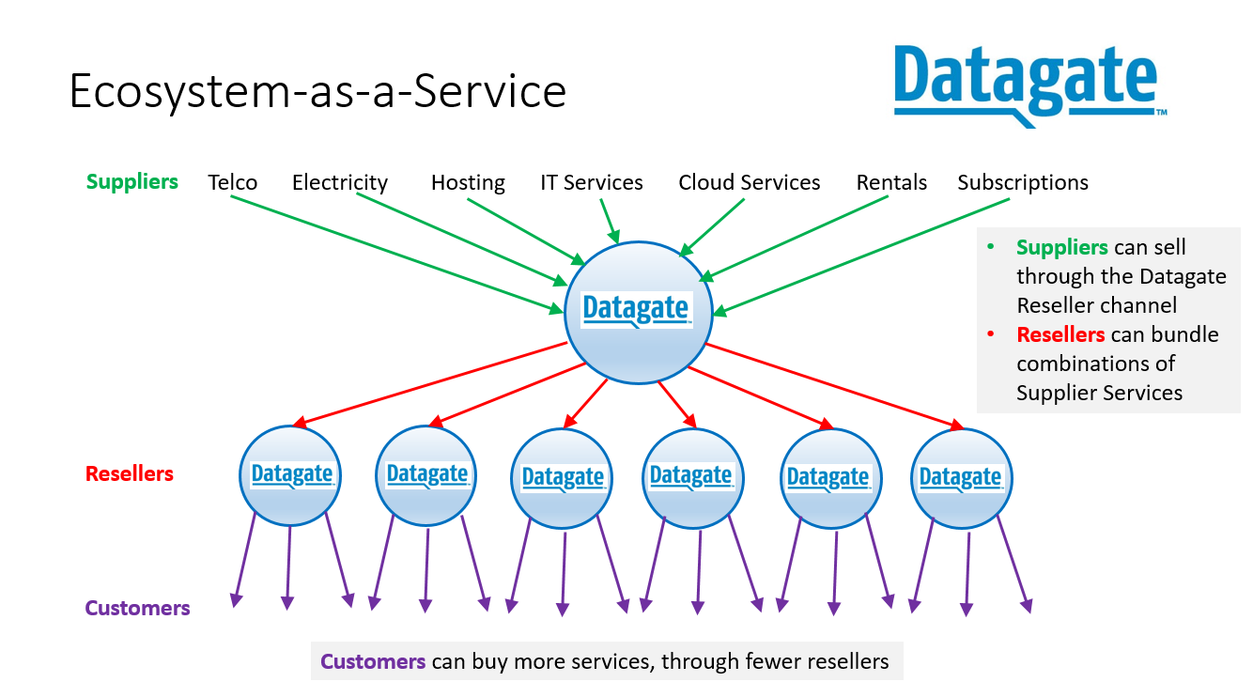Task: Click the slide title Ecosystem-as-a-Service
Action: tap(317, 91)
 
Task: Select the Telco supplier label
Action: tap(233, 182)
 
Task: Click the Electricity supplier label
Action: tap(340, 182)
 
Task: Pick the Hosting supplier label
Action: tap(468, 182)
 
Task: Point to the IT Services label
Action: tap(592, 182)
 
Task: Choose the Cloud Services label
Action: tap(750, 182)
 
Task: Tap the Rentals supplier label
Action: tap(891, 182)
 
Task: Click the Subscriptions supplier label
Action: tap(1023, 182)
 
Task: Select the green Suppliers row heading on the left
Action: tap(132, 181)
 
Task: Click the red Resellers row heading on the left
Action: tap(130, 473)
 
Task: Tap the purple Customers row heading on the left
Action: tap(137, 608)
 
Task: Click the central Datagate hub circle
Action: tap(637, 312)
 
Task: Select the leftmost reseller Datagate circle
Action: tap(290, 474)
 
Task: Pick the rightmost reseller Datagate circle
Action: tap(961, 477)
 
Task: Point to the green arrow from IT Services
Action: tap(609, 222)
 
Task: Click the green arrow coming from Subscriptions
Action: tap(845, 263)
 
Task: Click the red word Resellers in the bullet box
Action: tap(1060, 334)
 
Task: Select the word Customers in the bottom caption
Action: tap(373, 661)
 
